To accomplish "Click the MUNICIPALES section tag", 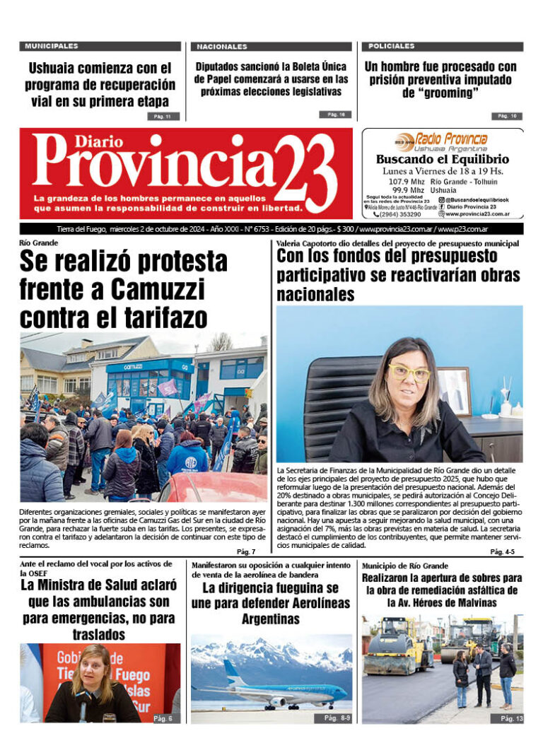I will click(x=52, y=46).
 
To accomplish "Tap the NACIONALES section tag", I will click(x=222, y=47).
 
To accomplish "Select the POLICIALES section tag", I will click(x=391, y=46).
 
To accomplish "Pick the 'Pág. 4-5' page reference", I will click(x=503, y=551).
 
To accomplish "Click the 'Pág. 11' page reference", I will click(x=163, y=116).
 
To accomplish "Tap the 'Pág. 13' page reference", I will click(x=511, y=718).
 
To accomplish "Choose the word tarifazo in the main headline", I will click(x=148, y=316).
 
